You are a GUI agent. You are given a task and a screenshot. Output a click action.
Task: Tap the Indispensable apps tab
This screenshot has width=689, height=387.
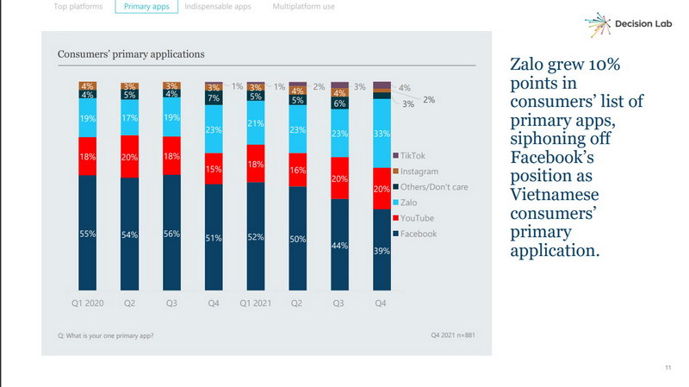click(x=218, y=7)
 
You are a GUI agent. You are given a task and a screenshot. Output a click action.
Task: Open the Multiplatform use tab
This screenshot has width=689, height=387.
click(x=304, y=7)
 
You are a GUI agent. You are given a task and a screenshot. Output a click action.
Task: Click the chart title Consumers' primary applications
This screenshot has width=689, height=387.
click(x=131, y=54)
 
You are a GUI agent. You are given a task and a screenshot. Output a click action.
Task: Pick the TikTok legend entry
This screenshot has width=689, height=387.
click(x=412, y=155)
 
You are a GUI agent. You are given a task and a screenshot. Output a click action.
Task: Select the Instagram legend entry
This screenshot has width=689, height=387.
click(x=419, y=171)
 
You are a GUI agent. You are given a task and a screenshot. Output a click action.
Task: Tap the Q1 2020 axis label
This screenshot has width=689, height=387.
click(x=87, y=303)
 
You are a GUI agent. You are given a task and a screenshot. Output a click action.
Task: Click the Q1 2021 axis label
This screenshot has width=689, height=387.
click(x=256, y=303)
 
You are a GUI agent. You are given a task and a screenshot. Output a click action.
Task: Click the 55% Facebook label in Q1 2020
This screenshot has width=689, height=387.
click(x=87, y=234)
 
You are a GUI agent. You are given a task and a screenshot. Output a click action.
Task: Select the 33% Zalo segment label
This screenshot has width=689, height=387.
click(x=382, y=133)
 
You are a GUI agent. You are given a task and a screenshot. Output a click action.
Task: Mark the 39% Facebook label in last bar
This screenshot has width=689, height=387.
click(x=382, y=251)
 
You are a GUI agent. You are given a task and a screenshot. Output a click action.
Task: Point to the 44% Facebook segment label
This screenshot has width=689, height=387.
click(x=339, y=246)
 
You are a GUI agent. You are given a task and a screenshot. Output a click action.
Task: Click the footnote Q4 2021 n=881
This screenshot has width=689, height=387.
click(x=452, y=334)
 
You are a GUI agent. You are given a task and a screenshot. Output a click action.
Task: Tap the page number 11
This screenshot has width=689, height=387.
click(x=667, y=369)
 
